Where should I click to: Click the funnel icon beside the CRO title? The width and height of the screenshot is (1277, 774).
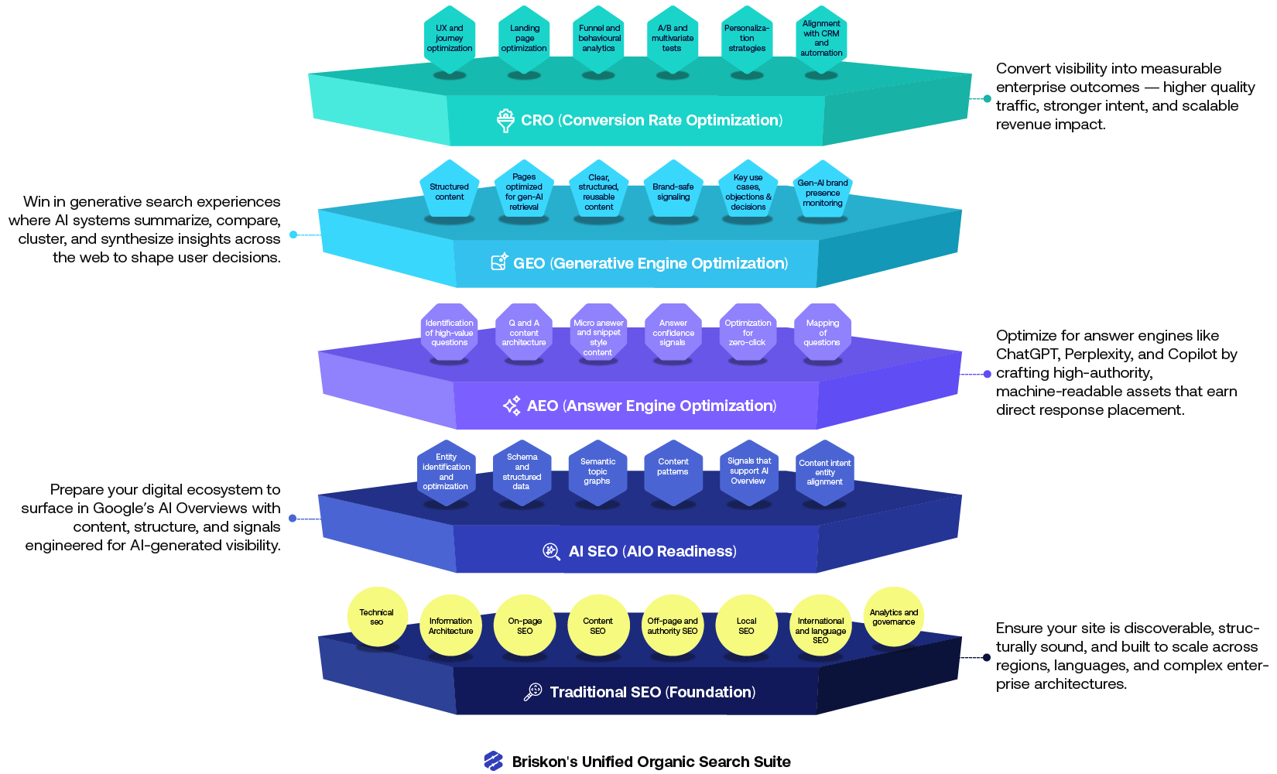pos(505,121)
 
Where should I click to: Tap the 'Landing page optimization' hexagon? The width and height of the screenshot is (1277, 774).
pos(524,39)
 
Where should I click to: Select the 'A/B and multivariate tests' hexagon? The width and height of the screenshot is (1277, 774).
pos(673,39)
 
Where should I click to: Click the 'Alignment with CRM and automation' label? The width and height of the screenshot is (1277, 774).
pos(821,39)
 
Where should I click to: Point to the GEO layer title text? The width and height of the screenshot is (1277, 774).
pos(650,263)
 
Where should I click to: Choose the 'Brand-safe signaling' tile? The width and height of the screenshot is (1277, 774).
pos(673,192)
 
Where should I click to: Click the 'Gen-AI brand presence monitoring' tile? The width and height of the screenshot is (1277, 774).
pos(823,193)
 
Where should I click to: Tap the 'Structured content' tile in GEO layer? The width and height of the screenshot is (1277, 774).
pos(450,192)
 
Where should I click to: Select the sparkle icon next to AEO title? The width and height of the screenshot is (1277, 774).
pos(512,406)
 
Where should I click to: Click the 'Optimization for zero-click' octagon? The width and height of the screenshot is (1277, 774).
pos(748,333)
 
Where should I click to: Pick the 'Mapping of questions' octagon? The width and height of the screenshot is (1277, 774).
pos(822,333)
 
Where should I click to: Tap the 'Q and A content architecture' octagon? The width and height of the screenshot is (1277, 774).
pos(524,333)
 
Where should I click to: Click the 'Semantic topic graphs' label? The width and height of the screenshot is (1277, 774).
pos(597,471)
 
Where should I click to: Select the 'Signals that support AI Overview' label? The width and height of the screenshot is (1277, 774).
pos(748,471)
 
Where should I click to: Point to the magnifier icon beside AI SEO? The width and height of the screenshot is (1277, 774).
pos(551,551)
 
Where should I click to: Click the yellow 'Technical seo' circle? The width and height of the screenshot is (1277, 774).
pos(377,617)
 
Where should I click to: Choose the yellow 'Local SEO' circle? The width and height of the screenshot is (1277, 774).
pos(746,626)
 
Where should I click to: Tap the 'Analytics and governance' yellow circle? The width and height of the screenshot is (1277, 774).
pos(893,618)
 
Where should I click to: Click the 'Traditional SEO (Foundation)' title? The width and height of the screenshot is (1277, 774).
pos(652,692)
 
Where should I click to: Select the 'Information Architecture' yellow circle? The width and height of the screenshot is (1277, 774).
pos(451,626)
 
